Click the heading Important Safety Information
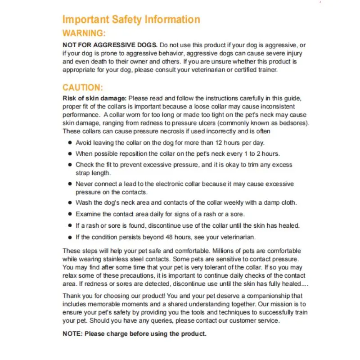131,19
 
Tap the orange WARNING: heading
84,33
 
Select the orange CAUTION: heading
83,87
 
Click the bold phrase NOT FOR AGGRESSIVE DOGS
110,45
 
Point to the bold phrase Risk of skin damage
94,99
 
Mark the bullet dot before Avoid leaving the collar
70,142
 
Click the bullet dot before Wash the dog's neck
70,202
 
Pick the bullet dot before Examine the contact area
70,214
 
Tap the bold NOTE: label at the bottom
72,334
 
